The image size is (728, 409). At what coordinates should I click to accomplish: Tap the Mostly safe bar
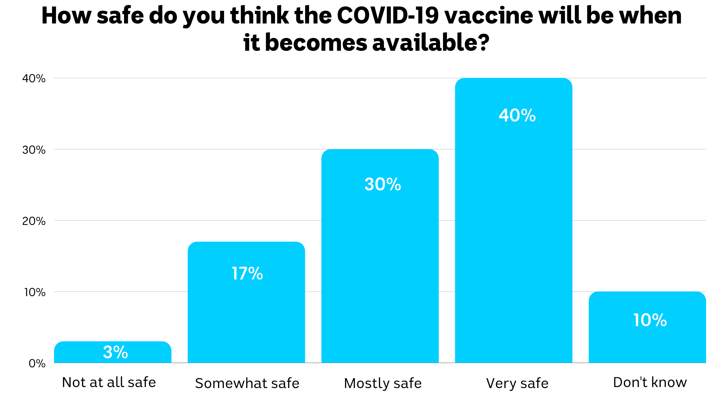pos(380,268)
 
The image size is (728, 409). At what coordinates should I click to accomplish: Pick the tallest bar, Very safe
pos(513,226)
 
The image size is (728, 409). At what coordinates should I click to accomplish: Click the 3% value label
pos(115,352)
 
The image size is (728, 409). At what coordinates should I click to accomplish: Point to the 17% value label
pos(247,273)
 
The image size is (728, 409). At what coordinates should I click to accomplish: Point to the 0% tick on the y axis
pos(37,364)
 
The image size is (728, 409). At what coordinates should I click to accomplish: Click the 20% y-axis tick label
pos(34,221)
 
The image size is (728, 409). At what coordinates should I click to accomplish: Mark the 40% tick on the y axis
pos(34,79)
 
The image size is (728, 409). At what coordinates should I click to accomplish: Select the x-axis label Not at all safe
pos(109,382)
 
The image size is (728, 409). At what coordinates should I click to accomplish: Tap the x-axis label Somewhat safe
pos(247,383)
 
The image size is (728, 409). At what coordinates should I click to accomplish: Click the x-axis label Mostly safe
pos(383,383)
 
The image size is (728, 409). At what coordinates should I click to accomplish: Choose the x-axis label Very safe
pos(517,383)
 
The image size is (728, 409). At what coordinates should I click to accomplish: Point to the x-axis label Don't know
pos(650,382)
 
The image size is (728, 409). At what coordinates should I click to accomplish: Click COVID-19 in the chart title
pos(388,15)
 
